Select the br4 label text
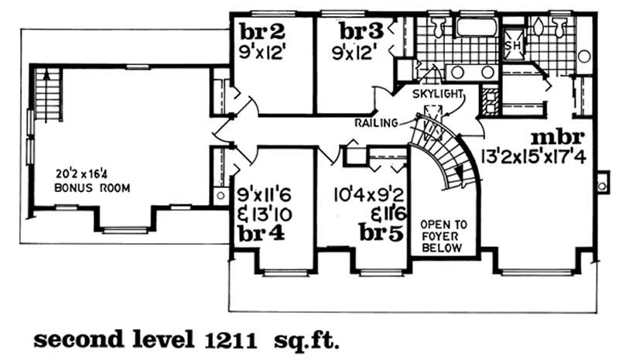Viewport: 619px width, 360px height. [x=259, y=235]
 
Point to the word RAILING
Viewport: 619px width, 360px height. [x=377, y=123]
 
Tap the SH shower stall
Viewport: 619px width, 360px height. [x=511, y=45]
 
